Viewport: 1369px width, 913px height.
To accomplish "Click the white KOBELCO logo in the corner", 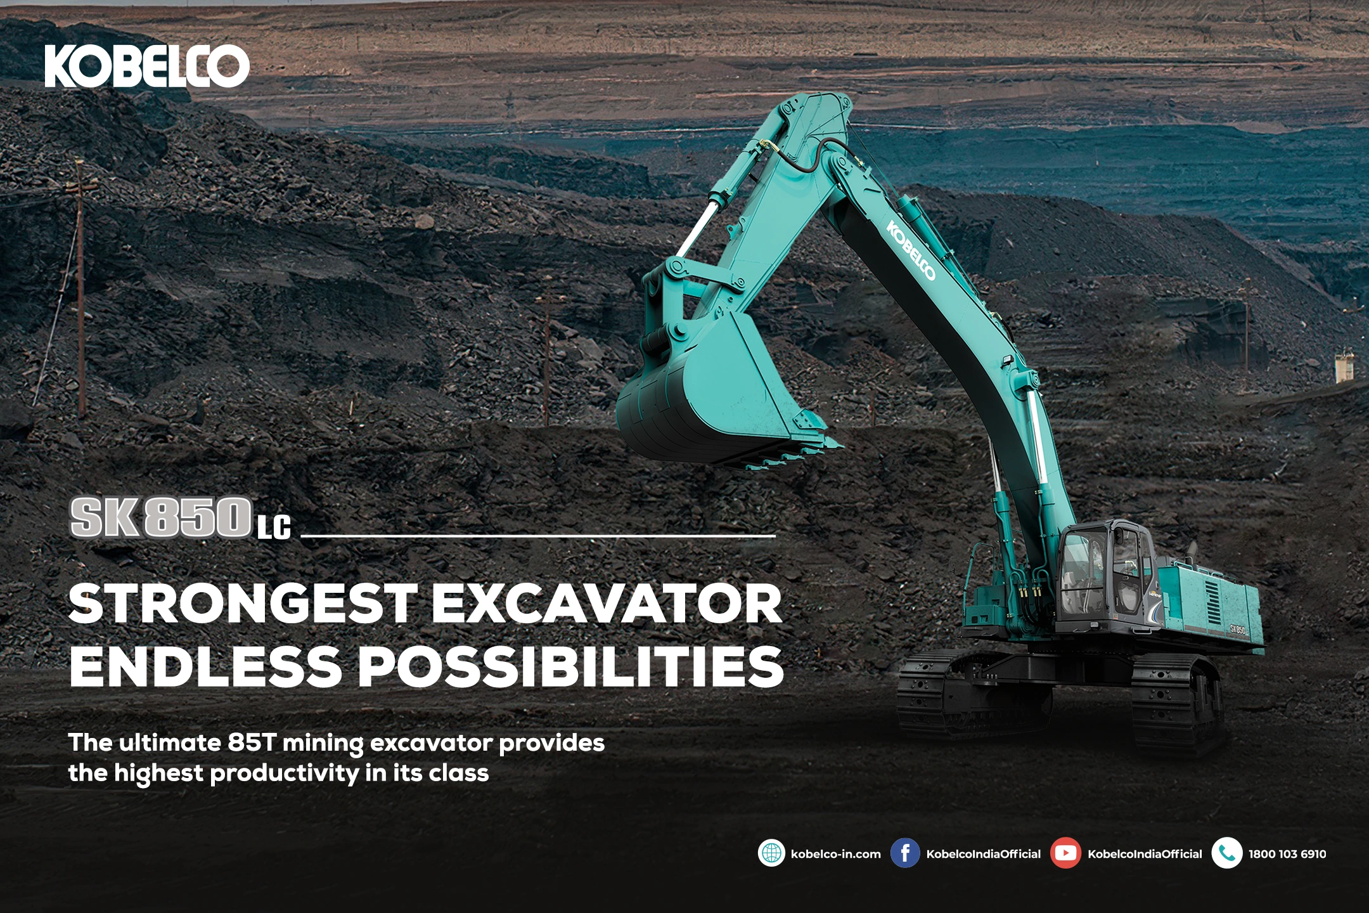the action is coord(147,66).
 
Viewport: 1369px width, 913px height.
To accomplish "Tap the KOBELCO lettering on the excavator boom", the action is coord(911,250).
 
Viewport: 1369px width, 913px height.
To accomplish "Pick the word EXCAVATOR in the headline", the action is coord(608,604).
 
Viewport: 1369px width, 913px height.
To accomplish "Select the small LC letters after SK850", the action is coord(274,528).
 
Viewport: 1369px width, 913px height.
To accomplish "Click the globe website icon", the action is coord(771,853).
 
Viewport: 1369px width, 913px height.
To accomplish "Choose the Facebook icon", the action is coord(905,853).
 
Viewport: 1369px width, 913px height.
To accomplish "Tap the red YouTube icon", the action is coord(1065,853).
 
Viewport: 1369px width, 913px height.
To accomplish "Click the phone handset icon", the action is coord(1226,853).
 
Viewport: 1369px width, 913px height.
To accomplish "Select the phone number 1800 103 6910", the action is coord(1287,854).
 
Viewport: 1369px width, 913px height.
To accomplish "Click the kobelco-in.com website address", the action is coord(836,854).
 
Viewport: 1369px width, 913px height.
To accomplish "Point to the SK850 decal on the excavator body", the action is coord(1238,630).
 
